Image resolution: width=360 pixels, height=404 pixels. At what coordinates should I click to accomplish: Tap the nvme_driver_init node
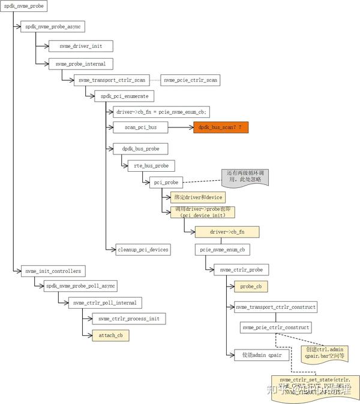pos(81,45)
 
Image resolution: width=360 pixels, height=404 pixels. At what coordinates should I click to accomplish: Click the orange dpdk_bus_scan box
pos(220,127)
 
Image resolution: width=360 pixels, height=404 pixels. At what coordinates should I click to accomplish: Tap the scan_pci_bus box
pos(140,127)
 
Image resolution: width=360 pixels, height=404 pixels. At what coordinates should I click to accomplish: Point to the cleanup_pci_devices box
pos(142,248)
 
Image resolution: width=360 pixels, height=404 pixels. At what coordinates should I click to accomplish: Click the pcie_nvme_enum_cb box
pos(222,249)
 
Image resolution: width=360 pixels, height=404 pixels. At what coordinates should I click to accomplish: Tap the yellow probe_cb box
pos(251,286)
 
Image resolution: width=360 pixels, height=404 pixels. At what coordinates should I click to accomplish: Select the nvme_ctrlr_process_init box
pos(128,318)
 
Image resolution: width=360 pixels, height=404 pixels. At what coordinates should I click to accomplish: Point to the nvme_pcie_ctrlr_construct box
pos(275,327)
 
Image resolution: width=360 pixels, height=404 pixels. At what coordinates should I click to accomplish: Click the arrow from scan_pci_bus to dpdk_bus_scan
pos(180,127)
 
